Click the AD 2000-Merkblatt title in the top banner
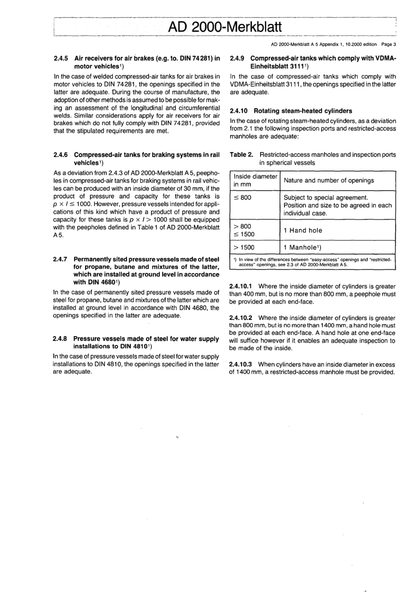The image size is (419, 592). (224, 26)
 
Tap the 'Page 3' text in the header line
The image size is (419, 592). (389, 44)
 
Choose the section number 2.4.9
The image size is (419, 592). (239, 58)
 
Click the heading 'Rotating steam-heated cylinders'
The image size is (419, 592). (303, 111)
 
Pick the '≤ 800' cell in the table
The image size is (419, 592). (243, 197)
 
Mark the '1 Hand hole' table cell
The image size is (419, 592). (303, 230)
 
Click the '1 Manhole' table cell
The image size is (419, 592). (303, 248)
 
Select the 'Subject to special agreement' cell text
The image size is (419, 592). (325, 197)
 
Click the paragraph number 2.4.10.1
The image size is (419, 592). (242, 286)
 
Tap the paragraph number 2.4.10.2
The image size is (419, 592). (242, 318)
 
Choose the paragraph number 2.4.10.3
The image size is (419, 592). (242, 364)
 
